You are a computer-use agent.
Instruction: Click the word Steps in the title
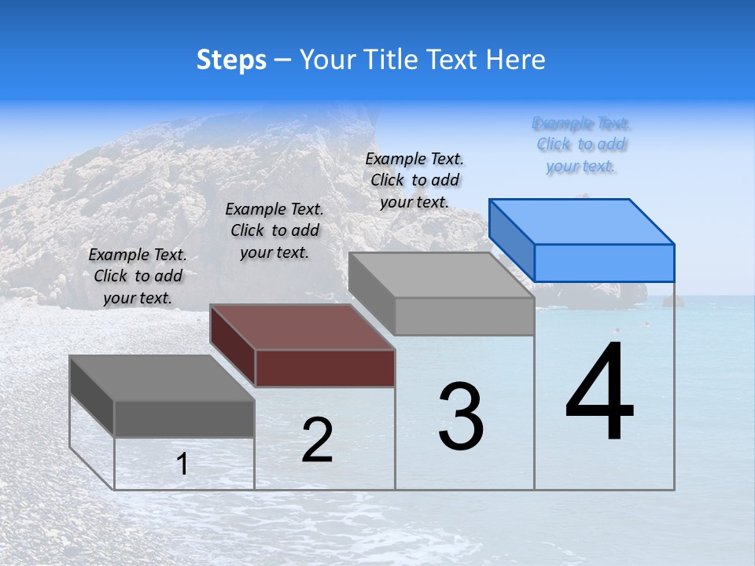[231, 60]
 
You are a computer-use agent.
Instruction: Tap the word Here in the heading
[515, 60]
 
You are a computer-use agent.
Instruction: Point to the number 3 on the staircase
[461, 416]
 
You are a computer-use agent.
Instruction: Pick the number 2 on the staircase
[318, 439]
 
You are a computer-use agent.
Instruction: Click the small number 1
[182, 465]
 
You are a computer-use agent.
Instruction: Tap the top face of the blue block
[582, 221]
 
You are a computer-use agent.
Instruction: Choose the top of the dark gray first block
[162, 378]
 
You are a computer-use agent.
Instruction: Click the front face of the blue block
[604, 263]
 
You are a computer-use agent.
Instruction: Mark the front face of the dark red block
[325, 368]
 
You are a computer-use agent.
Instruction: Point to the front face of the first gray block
[184, 418]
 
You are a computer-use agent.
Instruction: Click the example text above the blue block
[581, 145]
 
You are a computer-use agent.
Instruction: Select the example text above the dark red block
[274, 230]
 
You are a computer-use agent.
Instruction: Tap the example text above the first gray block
[138, 276]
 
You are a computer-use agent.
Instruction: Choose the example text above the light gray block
[414, 180]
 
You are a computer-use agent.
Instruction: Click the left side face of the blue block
[512, 239]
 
